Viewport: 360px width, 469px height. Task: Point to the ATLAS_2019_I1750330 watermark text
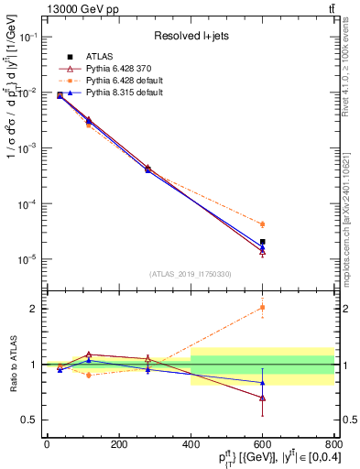point(189,274)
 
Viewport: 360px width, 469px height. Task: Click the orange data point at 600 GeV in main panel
point(262,224)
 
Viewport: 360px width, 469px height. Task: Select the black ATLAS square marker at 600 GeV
point(262,242)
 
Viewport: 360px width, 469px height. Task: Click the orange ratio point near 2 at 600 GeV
point(262,308)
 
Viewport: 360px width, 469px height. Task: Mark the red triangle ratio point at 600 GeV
point(262,398)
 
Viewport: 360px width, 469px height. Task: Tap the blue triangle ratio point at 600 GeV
point(262,382)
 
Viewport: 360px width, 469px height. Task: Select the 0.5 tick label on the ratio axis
point(29,420)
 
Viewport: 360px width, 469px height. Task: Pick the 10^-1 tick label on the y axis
point(27,37)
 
